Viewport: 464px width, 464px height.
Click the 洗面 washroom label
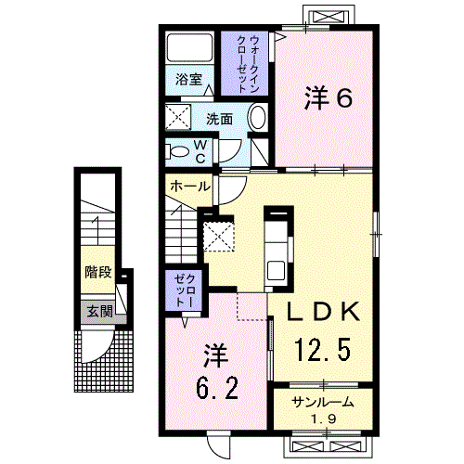(219, 119)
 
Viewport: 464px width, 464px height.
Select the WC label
(200, 149)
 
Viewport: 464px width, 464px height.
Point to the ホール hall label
(188, 187)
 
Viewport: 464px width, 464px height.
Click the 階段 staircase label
(97, 273)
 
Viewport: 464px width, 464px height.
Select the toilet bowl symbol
(177, 151)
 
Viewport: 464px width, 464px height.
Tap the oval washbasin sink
(257, 120)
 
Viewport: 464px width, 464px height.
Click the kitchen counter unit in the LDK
(277, 246)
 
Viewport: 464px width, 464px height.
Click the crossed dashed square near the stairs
(219, 236)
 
